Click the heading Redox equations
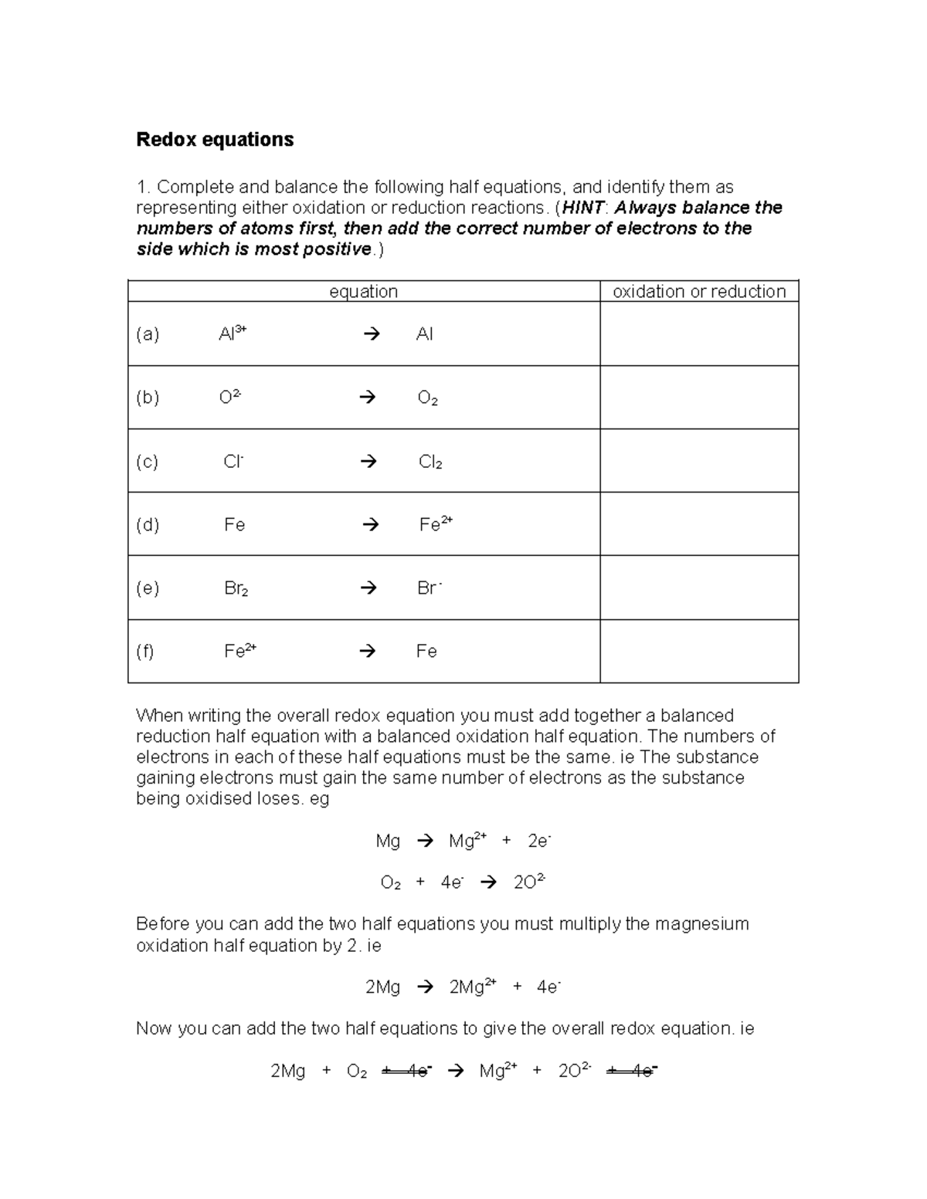[215, 140]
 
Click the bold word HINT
[584, 208]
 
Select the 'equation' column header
[363, 291]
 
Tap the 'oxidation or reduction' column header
[698, 291]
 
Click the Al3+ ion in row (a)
[232, 334]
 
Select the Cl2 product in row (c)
[430, 462]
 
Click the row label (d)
[148, 525]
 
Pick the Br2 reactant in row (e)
[236, 588]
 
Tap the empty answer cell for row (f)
[698, 651]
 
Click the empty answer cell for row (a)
[698, 334]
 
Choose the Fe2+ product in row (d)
[435, 524]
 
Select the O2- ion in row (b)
[230, 397]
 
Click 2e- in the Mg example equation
[538, 841]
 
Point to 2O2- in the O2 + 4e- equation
[529, 882]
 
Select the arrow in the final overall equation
[456, 1071]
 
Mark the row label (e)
[148, 588]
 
